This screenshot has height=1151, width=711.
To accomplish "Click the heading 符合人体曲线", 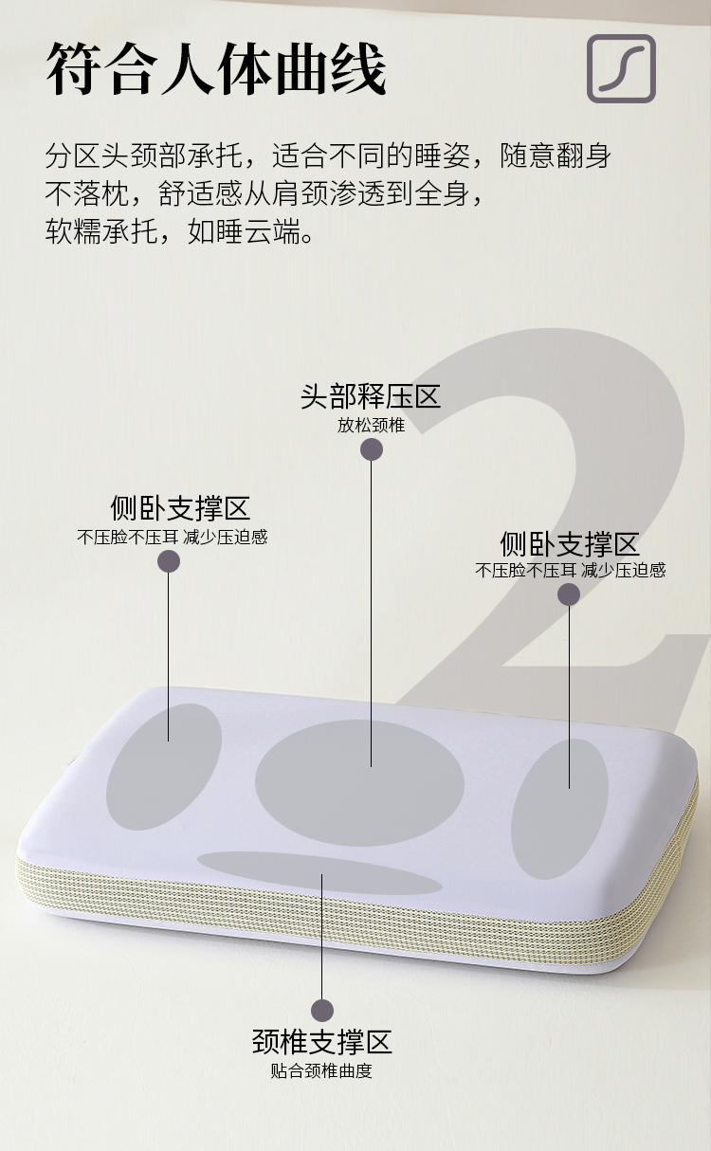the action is (216, 69).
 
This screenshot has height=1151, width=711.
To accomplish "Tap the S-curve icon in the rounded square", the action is (622, 68).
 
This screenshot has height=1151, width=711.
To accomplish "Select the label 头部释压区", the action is (371, 396).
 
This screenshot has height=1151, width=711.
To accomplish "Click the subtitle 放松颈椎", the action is (371, 426).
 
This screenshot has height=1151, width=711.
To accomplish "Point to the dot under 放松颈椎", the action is (372, 449).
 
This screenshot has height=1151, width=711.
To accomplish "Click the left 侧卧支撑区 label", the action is (180, 508).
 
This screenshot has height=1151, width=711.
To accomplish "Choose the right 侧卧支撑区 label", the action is (570, 544).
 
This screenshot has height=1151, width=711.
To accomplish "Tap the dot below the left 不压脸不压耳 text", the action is (169, 561).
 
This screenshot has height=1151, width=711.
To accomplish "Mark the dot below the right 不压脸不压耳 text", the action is (569, 594).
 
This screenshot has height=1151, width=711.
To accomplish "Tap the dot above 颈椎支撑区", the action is (322, 1011).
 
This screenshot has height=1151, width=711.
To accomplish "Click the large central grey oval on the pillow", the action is (359, 783).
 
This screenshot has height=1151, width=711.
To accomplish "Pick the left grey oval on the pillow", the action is (164, 767).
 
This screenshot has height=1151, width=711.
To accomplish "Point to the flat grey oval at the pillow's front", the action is (320, 873).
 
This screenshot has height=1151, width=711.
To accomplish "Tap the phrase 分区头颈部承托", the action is (143, 155).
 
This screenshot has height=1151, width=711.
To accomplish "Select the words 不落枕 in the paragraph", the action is (87, 193).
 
